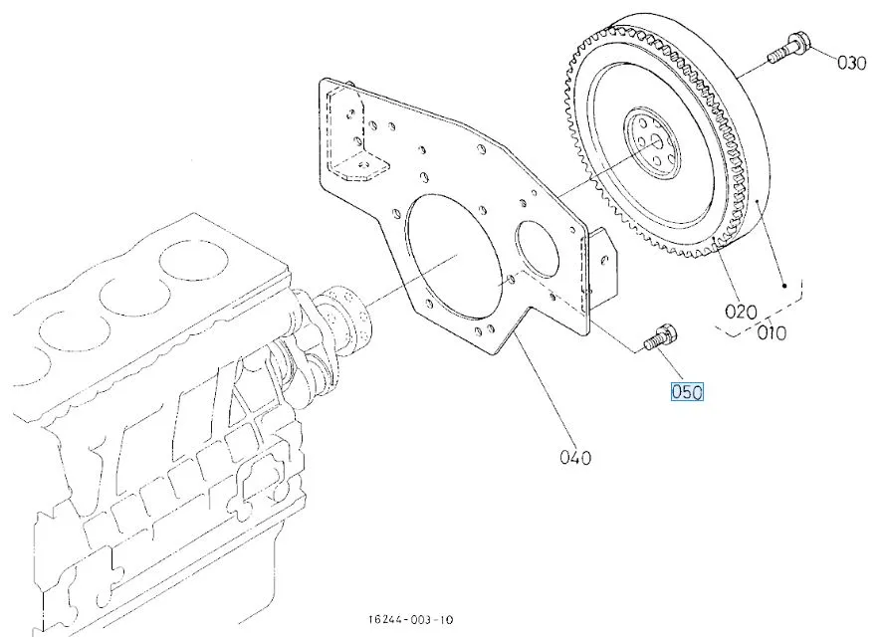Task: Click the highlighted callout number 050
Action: pyautogui.click(x=687, y=391)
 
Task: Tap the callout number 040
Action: pyautogui.click(x=575, y=457)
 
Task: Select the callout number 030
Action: pyautogui.click(x=851, y=63)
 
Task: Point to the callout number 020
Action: pyautogui.click(x=741, y=312)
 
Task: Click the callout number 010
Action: pyautogui.click(x=771, y=332)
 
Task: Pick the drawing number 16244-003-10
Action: pyautogui.click(x=410, y=620)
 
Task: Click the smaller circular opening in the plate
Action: pyautogui.click(x=538, y=248)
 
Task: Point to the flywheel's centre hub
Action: pyautogui.click(x=652, y=144)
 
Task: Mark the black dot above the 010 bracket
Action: pyautogui.click(x=784, y=286)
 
